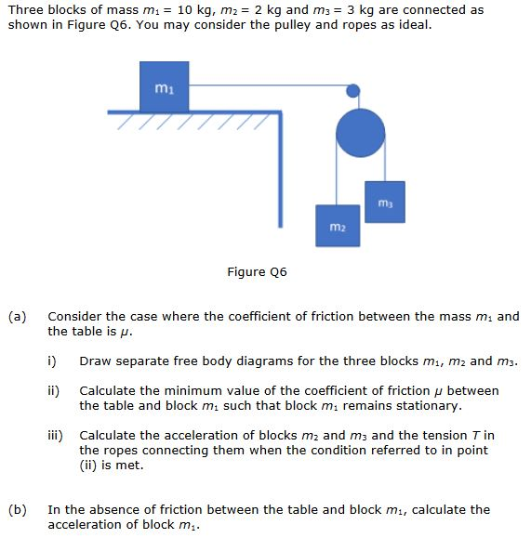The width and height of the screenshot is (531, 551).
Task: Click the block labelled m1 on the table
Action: coord(163,86)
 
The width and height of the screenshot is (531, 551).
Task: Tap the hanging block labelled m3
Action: coord(383,202)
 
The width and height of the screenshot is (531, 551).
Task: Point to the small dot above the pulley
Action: coord(353,91)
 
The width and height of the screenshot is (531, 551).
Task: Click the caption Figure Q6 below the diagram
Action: coord(257,272)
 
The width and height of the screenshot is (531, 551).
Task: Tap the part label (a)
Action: coord(18,317)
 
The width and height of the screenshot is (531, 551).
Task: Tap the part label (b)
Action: coord(18,510)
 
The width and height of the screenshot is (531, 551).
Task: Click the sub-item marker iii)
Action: coord(57,436)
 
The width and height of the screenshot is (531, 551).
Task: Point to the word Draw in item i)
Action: coord(95,361)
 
